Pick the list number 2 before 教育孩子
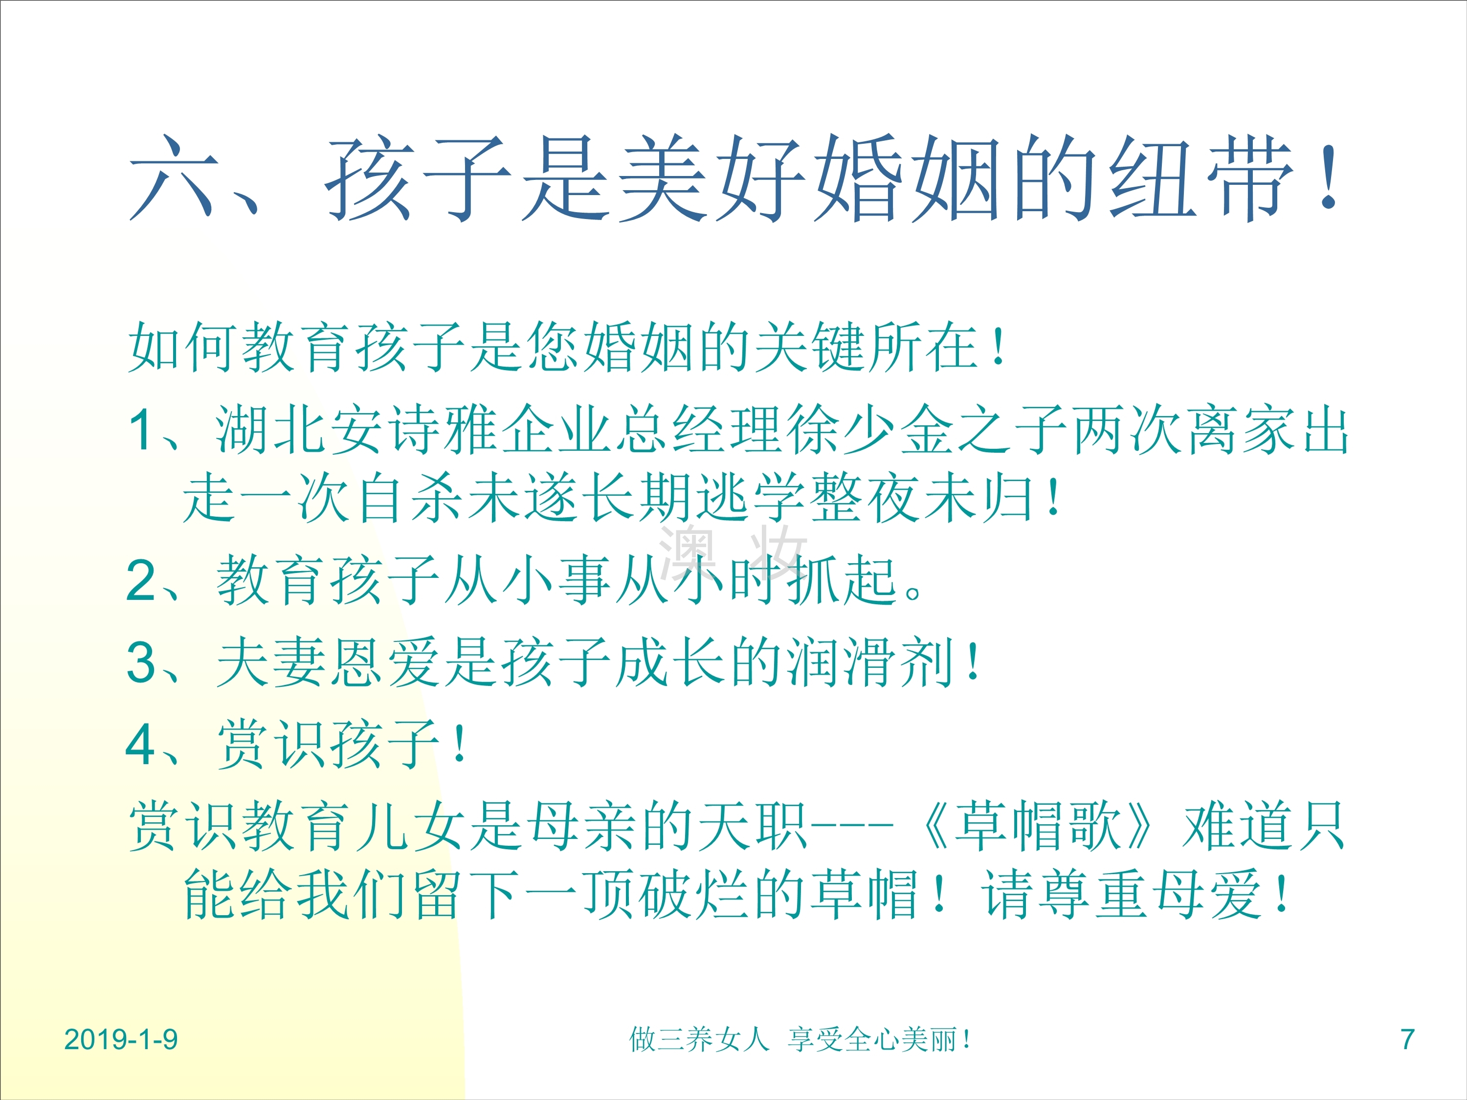point(141,580)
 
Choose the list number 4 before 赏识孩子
point(141,744)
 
